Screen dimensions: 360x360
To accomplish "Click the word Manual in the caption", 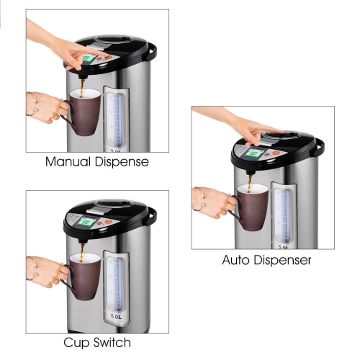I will (x=68, y=162).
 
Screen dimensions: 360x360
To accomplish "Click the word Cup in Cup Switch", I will (x=78, y=343).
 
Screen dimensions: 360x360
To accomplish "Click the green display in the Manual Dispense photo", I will (x=89, y=59).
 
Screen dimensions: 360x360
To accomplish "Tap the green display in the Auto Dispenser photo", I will (x=253, y=153).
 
